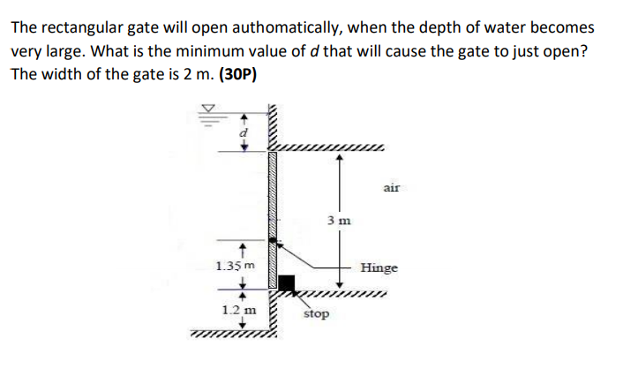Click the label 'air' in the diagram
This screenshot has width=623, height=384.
[x=392, y=187]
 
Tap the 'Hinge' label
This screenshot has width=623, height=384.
[x=379, y=267]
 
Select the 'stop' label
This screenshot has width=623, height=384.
[x=316, y=313]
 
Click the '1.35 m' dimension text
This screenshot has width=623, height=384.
[x=235, y=265]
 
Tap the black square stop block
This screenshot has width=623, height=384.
[x=286, y=283]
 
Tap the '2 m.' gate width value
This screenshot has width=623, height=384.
[x=192, y=74]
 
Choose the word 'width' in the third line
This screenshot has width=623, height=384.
[x=60, y=74]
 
